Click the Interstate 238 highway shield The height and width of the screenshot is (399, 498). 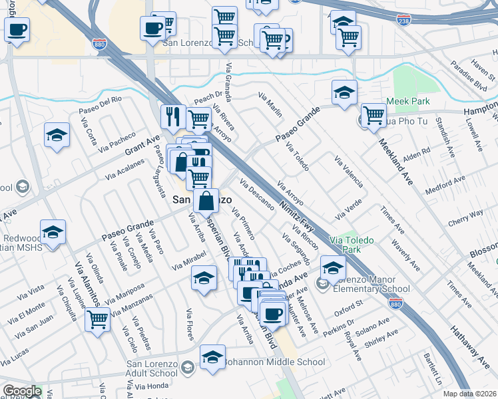point(403,20)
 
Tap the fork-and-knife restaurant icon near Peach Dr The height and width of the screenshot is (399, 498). point(172,116)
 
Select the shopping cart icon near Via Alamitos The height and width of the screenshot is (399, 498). point(98,319)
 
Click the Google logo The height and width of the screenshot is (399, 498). point(21,391)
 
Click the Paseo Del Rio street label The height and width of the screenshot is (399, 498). point(100,104)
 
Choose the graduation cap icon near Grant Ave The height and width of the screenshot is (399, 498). point(57,135)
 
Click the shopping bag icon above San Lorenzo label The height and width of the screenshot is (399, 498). point(208,199)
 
